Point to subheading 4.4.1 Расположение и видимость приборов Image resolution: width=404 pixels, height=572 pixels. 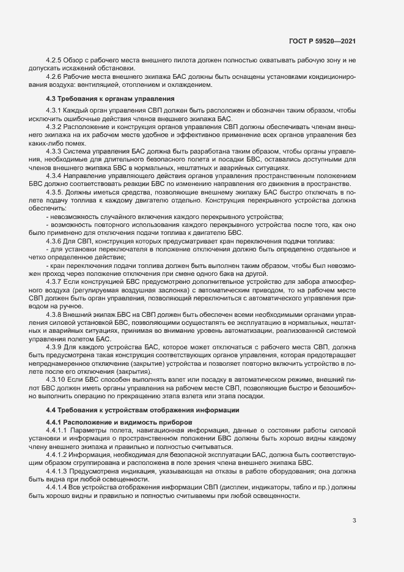pyautogui.click(x=119, y=422)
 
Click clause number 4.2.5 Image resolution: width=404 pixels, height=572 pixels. pyautogui.click(x=55, y=61)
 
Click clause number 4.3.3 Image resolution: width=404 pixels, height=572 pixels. pyautogui.click(x=55, y=150)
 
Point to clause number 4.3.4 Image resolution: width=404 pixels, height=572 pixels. pyautogui.click(x=55, y=175)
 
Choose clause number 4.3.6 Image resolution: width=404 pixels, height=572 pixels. pyautogui.click(x=55, y=240)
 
